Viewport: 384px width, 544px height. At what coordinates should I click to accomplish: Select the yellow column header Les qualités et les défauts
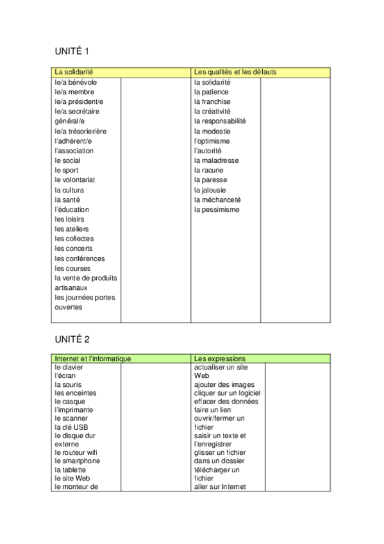click(235, 72)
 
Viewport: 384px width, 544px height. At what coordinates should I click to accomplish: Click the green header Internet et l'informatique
click(93, 359)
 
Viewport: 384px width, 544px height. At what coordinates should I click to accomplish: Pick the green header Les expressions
click(219, 359)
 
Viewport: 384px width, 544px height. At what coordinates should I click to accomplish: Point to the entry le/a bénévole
click(76, 82)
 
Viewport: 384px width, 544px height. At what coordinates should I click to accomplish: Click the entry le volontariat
click(75, 180)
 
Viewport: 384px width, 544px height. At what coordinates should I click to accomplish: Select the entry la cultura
click(69, 190)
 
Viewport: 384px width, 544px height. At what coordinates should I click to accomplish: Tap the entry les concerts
click(74, 249)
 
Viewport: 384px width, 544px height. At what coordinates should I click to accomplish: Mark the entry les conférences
click(79, 259)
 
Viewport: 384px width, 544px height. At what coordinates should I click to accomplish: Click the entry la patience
click(211, 92)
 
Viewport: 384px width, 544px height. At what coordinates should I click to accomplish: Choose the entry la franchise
click(212, 101)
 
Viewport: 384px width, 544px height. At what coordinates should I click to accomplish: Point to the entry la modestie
click(212, 131)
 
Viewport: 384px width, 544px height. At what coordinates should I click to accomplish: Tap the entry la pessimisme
click(217, 210)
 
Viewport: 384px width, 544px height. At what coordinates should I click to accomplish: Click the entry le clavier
click(69, 368)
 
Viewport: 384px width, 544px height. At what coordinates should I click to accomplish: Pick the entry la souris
click(69, 384)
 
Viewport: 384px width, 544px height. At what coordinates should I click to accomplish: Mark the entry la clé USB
click(71, 427)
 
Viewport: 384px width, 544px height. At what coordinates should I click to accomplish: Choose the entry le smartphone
click(78, 461)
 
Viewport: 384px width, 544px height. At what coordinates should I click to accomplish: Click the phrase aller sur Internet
click(220, 487)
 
